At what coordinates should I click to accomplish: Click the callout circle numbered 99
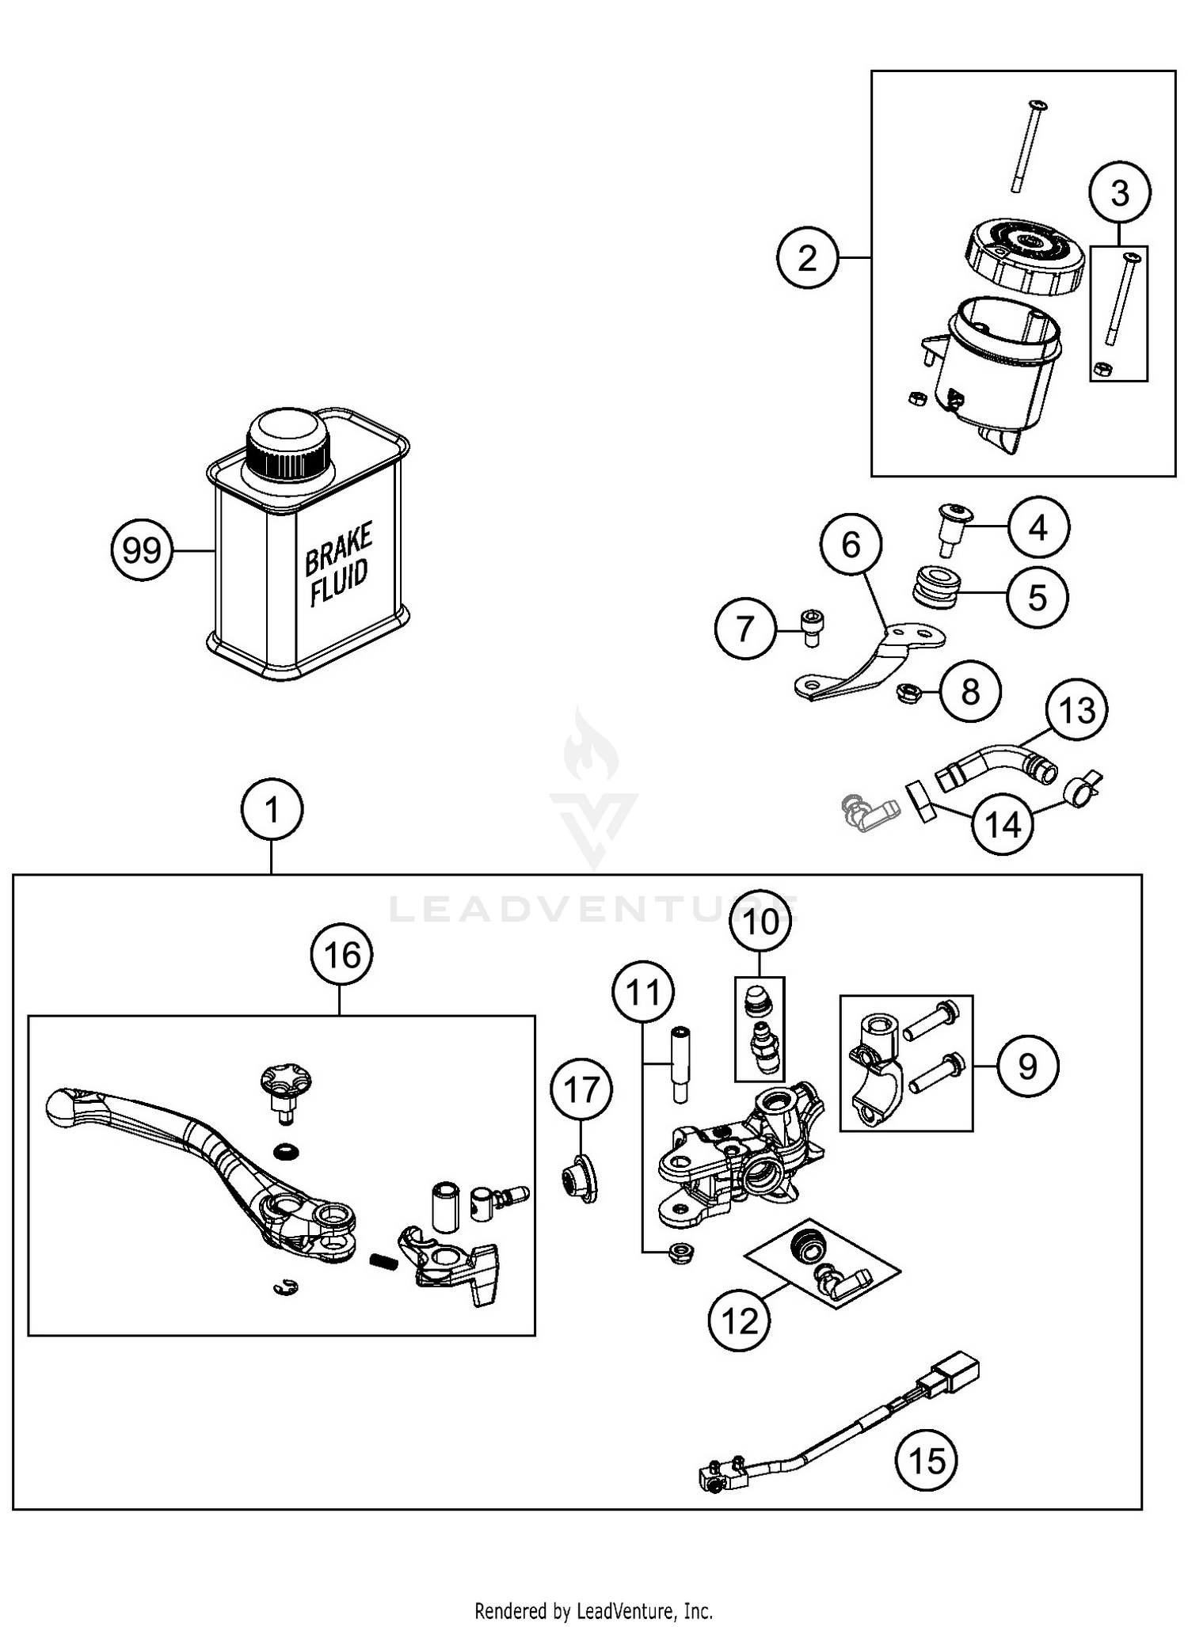142,549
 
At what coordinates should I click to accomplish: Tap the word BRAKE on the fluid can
338,548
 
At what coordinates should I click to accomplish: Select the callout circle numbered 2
807,258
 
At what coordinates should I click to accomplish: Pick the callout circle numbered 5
1038,598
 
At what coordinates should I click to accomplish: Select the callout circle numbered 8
970,692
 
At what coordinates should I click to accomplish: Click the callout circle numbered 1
272,810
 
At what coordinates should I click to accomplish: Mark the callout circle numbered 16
342,955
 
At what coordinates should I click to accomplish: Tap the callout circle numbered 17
581,1091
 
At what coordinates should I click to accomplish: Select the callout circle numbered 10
760,922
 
